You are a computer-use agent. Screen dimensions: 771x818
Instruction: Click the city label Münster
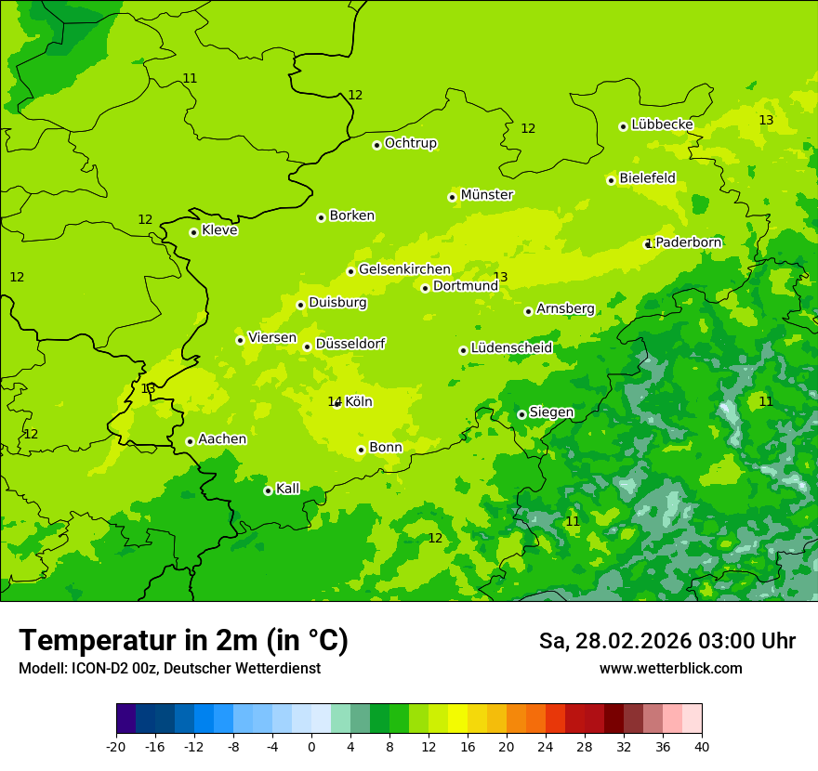(x=487, y=195)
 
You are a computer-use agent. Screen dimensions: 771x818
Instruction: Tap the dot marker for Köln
(x=337, y=403)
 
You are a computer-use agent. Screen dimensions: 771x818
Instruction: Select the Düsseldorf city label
(x=350, y=344)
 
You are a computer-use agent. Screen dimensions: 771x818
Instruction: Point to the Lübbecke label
(x=662, y=124)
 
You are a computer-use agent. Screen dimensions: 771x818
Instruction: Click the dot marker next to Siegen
(x=521, y=414)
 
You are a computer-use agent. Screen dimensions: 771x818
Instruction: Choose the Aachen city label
(x=222, y=439)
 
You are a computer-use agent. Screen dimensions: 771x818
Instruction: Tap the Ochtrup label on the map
(x=411, y=143)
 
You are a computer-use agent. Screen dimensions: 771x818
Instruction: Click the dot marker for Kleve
(x=193, y=232)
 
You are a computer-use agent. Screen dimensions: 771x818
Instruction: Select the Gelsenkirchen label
(x=404, y=269)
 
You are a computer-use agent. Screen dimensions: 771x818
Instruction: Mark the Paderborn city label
(x=688, y=242)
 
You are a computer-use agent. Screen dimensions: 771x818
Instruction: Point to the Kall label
(x=288, y=489)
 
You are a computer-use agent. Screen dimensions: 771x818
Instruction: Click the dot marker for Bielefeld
(x=611, y=180)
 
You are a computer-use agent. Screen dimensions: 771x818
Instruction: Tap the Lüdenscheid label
(x=511, y=348)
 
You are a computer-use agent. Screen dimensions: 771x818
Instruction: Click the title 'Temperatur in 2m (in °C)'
(x=183, y=640)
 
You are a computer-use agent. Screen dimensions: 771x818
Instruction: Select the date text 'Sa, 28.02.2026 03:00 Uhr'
(x=666, y=641)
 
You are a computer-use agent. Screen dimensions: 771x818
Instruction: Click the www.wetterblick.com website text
(x=670, y=669)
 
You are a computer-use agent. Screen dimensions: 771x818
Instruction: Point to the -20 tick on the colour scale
(x=116, y=747)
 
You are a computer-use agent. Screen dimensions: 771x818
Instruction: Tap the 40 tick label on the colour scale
(x=702, y=747)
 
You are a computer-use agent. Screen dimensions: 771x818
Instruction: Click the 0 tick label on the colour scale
(x=311, y=747)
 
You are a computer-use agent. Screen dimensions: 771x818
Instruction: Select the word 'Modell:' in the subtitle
(x=40, y=669)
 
